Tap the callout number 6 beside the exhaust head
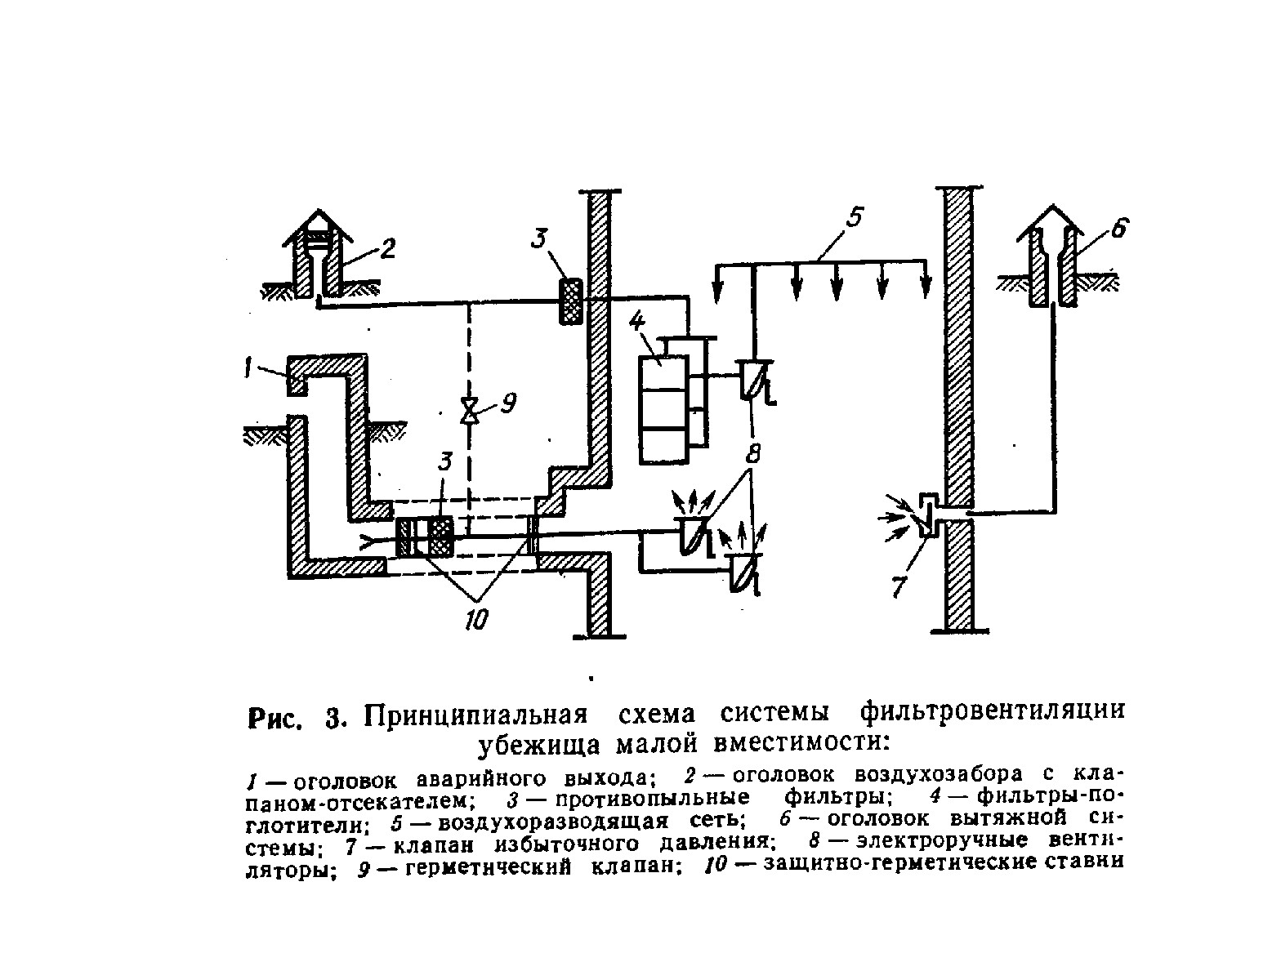click(1118, 228)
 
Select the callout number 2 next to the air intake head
click(387, 248)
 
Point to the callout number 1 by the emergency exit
click(248, 368)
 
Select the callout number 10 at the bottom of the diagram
click(476, 620)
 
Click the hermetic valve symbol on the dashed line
click(470, 411)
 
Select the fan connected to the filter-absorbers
click(754, 379)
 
